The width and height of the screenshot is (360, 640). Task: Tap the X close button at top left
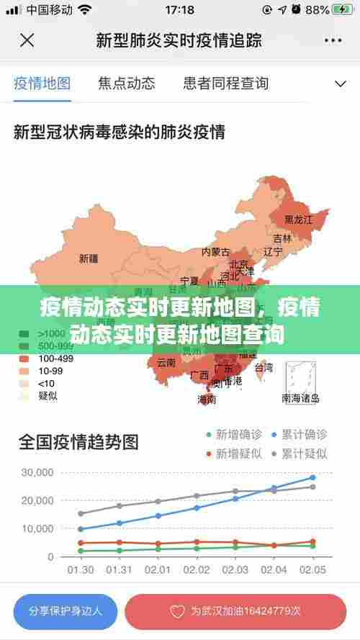pos(27,40)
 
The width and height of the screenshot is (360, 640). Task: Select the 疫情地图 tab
pos(42,83)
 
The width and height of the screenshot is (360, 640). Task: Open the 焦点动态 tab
pos(127,83)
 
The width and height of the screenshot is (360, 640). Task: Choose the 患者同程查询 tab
pos(226,83)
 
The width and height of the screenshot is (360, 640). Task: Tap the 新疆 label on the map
pos(89,258)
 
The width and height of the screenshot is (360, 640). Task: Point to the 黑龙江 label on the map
pos(298,220)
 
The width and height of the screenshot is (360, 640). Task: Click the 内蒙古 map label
pos(215,252)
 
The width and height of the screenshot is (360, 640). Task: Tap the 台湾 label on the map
pos(264,368)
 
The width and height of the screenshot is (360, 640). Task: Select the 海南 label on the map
pos(207,399)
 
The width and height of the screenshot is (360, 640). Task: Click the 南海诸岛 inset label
pos(300,397)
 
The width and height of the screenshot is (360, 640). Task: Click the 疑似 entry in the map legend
pos(48,395)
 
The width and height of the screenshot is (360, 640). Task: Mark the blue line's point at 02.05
pos(312,477)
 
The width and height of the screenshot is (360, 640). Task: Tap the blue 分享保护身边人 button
pos(66,610)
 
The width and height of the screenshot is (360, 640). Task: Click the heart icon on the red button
pos(177,611)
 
